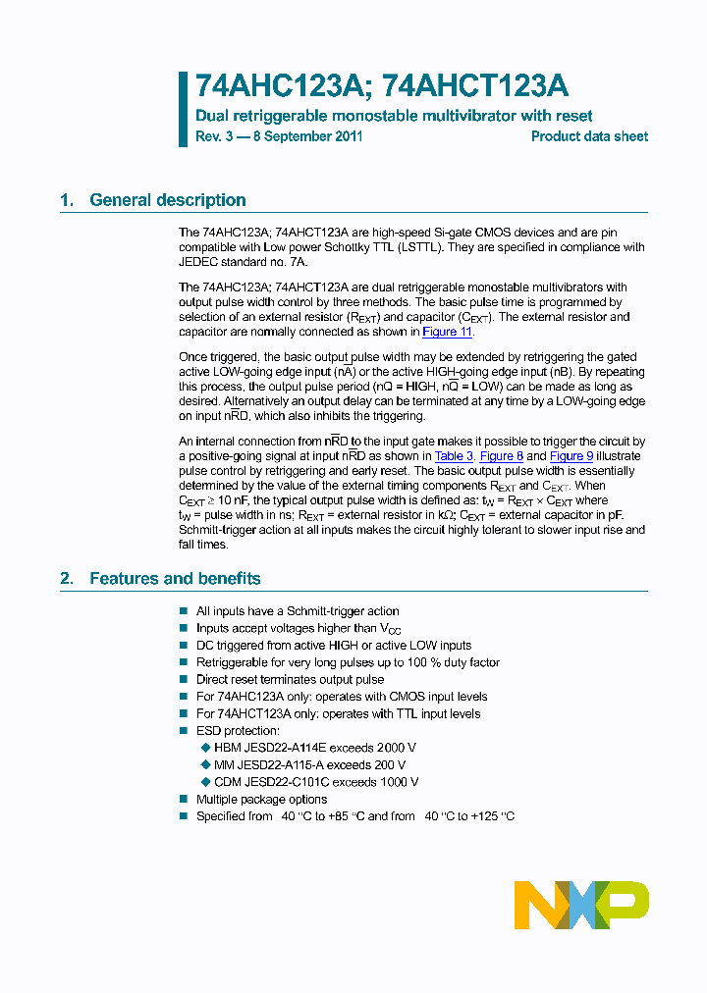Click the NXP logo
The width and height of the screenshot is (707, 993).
[581, 900]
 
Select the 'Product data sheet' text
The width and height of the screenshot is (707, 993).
[589, 136]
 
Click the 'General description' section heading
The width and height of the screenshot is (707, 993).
[167, 200]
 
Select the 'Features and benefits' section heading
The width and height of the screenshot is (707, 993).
[175, 578]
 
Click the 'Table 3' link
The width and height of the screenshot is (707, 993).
[454, 456]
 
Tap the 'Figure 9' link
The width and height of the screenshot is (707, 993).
[571, 456]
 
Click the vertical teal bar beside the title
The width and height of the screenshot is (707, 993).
[183, 109]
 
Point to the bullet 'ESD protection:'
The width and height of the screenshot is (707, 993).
[238, 730]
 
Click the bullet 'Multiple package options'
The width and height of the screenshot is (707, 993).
[261, 799]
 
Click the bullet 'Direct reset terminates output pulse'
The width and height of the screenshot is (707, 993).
[290, 679]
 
